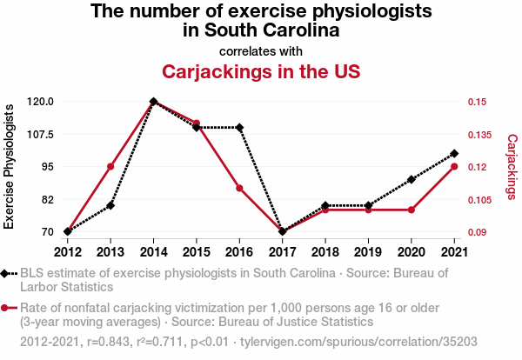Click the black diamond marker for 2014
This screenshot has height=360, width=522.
[153, 102]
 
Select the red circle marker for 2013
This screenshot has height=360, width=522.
[110, 166]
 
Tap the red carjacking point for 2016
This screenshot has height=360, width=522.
[239, 189]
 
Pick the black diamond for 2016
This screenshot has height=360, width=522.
[239, 128]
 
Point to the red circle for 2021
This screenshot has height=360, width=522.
[454, 166]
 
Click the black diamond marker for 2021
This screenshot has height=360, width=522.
[454, 153]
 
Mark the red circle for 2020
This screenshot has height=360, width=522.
[412, 210]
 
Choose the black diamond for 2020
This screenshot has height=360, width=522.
[412, 180]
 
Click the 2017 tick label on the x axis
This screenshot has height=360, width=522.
[282, 252]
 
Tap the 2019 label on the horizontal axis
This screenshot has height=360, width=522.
[368, 252]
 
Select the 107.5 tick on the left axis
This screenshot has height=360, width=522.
[40, 135]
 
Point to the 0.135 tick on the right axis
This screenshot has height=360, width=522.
[479, 135]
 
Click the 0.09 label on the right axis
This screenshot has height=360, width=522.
[477, 232]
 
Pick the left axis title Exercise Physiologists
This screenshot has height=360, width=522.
[9, 166]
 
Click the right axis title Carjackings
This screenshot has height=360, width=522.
[512, 167]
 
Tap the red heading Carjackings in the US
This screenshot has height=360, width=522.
[261, 71]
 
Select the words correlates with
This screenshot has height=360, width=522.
[261, 51]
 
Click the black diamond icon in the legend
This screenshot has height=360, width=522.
[4, 274]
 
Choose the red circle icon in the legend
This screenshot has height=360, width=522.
[4, 308]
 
